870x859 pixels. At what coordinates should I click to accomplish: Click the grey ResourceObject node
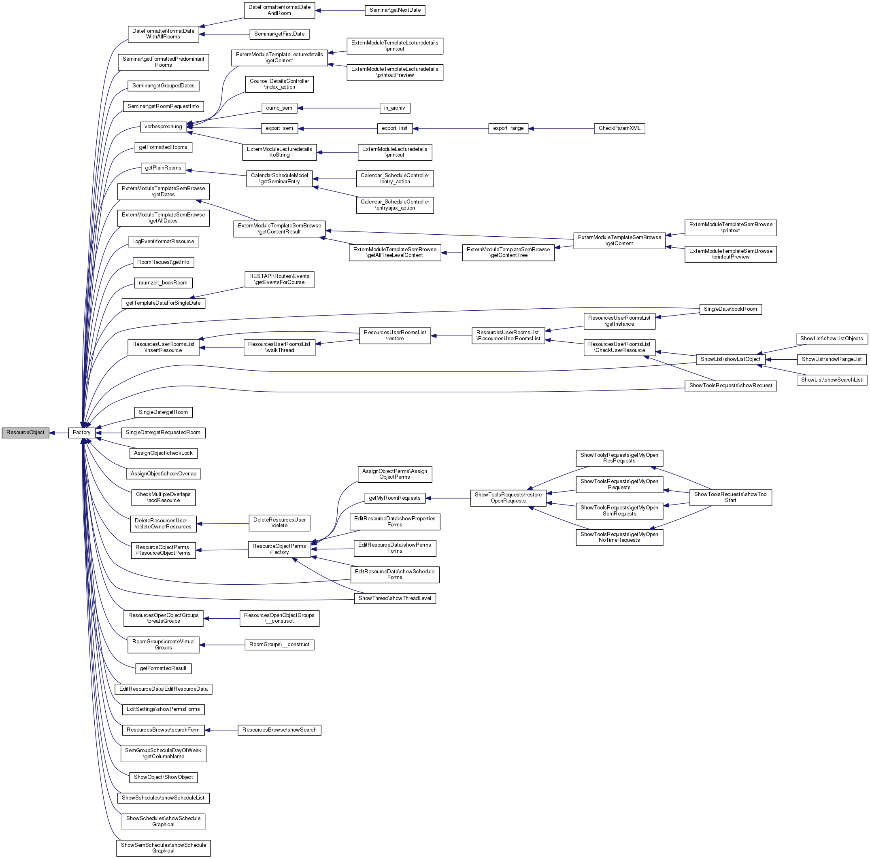point(25,433)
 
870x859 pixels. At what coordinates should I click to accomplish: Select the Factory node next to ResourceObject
point(81,433)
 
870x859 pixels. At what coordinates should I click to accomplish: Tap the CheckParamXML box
point(619,128)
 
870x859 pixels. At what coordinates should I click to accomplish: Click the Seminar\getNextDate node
point(395,10)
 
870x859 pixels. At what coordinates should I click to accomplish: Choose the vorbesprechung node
point(163,127)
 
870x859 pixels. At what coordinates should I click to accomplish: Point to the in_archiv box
point(394,108)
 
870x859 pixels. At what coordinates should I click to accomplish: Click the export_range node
point(508,128)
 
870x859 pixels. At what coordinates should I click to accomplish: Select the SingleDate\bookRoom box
point(730,309)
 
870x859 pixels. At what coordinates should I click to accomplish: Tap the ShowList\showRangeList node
point(831,359)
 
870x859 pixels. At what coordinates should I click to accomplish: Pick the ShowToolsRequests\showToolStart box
point(730,497)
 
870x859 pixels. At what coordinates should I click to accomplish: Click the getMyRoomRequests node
point(394,498)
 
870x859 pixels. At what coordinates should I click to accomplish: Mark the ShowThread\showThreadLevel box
point(394,598)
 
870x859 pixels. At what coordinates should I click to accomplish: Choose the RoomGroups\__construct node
point(279,645)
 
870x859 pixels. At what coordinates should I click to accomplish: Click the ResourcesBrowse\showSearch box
point(279,730)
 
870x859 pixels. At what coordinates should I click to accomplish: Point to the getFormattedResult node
point(163,668)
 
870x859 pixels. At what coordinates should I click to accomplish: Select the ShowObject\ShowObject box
point(163,777)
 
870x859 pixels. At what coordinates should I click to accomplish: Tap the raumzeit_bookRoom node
point(163,282)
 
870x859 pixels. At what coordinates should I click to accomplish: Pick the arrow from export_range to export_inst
point(450,129)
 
